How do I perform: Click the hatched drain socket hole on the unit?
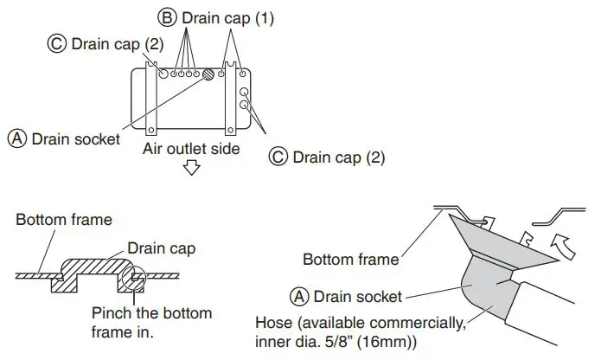point(208,74)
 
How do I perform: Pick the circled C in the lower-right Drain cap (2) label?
point(278,157)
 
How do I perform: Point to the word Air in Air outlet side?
point(154,149)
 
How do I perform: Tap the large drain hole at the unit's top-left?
point(162,74)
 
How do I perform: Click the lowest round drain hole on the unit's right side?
point(244,108)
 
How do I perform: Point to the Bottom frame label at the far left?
point(63,220)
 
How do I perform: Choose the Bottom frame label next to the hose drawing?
point(350,259)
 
